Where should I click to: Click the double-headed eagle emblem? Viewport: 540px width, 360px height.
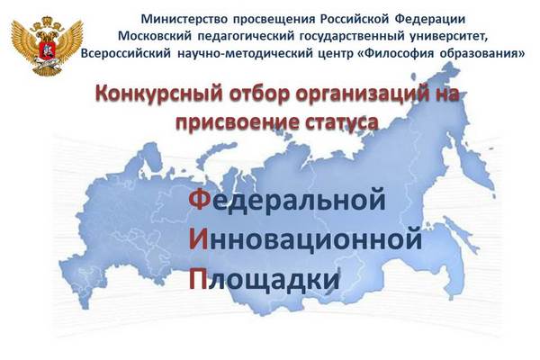pos(47,46)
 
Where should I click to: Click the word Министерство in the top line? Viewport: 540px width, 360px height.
pos(184,19)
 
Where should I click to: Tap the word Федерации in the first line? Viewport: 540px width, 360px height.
pos(430,20)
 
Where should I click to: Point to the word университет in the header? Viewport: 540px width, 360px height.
pos(449,37)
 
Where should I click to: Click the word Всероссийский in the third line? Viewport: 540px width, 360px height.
pos(126,54)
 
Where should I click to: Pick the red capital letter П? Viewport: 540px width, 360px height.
pos(199,278)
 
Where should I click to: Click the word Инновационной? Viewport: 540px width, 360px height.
pos(305,239)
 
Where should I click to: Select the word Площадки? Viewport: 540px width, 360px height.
pos(265,280)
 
